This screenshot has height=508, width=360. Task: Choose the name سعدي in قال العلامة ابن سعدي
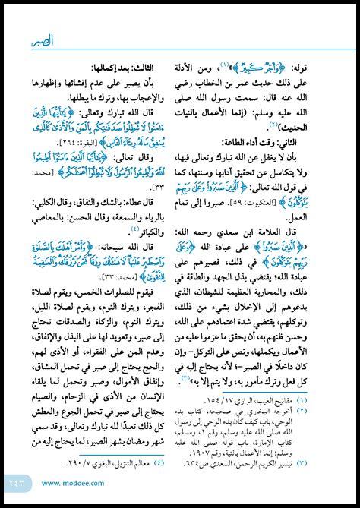coord(245,229)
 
